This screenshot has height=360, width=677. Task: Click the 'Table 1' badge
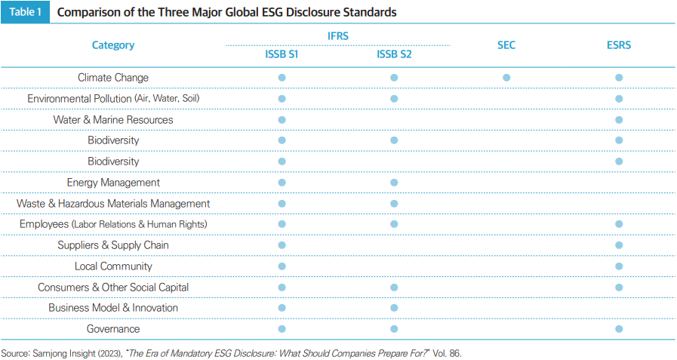[25, 13]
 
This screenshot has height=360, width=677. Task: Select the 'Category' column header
[113, 45]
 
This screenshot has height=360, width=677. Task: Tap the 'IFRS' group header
[337, 35]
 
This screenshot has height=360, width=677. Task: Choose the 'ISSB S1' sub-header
[282, 54]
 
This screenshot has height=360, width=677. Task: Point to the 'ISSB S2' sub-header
[394, 54]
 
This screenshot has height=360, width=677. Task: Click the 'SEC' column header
[506, 45]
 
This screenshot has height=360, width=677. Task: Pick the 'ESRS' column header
[619, 45]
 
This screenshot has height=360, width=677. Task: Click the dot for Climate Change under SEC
[506, 78]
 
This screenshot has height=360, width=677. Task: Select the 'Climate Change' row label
[113, 78]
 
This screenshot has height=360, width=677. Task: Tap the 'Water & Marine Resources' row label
[113, 120]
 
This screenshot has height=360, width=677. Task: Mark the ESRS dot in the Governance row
[619, 329]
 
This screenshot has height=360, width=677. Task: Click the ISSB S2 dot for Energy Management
[394, 183]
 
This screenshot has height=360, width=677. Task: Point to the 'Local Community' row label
[113, 266]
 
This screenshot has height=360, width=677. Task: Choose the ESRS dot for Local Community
[619, 266]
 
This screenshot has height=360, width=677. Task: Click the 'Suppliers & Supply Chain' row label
[113, 245]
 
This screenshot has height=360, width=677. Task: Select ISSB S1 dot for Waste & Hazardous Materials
[282, 204]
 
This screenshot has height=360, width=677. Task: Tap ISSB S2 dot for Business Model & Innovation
[394, 308]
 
